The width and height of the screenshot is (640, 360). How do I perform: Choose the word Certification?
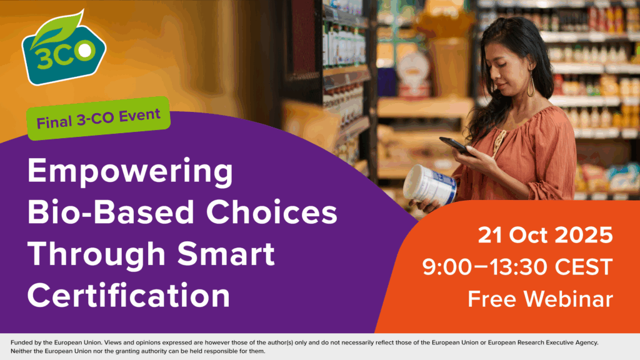click(x=129, y=294)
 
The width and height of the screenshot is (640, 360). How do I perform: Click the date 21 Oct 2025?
click(x=545, y=236)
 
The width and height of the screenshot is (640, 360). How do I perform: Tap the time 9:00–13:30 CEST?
click(x=517, y=267)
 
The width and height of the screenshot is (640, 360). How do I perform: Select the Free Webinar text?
click(x=540, y=299)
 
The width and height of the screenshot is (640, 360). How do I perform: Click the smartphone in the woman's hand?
click(x=456, y=146)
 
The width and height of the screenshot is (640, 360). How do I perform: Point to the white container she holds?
click(x=431, y=184)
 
